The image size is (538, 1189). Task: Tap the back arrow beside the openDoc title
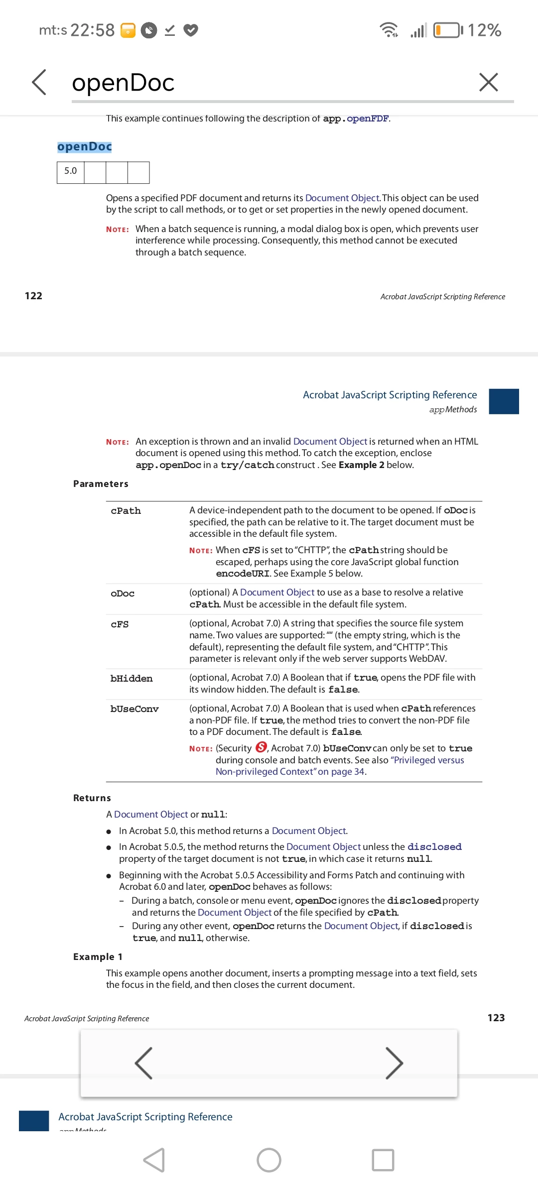click(x=39, y=82)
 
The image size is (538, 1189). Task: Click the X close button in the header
click(x=488, y=82)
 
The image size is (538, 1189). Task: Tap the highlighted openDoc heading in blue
click(x=85, y=146)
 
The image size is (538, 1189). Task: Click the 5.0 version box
click(x=71, y=171)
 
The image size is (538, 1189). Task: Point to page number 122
click(x=33, y=296)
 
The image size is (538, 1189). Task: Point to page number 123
click(x=496, y=1018)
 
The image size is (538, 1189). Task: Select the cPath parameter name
click(x=126, y=511)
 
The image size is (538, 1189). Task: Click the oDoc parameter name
click(x=123, y=594)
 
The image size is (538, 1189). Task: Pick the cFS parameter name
click(x=120, y=624)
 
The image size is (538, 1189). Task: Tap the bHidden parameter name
click(x=132, y=679)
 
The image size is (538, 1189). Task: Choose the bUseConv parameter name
click(x=134, y=709)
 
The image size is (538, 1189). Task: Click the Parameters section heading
click(x=101, y=484)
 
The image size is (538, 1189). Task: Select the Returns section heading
click(x=92, y=798)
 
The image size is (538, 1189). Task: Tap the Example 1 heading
click(x=98, y=957)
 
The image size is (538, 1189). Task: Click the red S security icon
click(x=261, y=747)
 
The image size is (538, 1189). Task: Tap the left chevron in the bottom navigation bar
click(x=143, y=1063)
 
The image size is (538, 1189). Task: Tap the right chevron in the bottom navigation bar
click(x=394, y=1063)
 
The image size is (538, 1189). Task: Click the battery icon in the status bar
click(x=447, y=30)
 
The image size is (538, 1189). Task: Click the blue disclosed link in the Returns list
click(x=434, y=847)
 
